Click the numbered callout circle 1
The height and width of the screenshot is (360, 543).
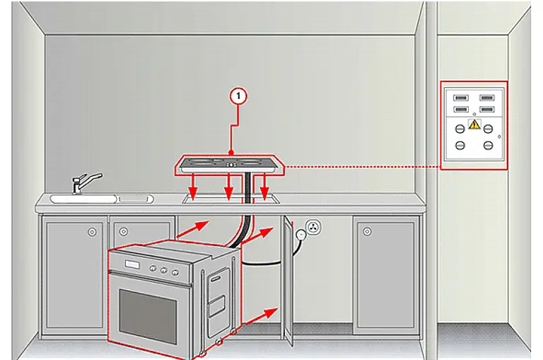click(238, 96)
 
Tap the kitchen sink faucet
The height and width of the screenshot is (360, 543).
click(86, 182)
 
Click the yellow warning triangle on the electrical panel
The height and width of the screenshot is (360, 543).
click(474, 124)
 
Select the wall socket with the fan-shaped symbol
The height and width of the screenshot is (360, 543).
click(313, 228)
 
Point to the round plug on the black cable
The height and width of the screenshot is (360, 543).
click(300, 235)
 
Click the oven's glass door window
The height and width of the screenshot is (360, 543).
click(148, 317)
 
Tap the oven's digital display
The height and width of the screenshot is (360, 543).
click(132, 265)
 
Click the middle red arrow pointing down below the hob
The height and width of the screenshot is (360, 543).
click(228, 187)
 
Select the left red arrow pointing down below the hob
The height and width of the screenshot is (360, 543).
click(193, 187)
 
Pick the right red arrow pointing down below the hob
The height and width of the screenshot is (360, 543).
click(264, 187)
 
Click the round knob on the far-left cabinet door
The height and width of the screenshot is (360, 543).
click(92, 232)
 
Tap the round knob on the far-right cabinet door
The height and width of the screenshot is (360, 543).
click(367, 231)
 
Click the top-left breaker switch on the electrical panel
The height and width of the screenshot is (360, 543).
click(460, 98)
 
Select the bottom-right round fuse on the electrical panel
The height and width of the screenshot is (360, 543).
click(488, 145)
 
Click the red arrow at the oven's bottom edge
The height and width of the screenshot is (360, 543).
click(259, 317)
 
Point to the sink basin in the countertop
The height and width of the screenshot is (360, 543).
click(83, 199)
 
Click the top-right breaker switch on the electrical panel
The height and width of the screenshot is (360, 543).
click(486, 98)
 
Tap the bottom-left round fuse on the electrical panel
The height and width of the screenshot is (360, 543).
click(460, 145)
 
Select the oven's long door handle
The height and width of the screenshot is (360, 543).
click(151, 279)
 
